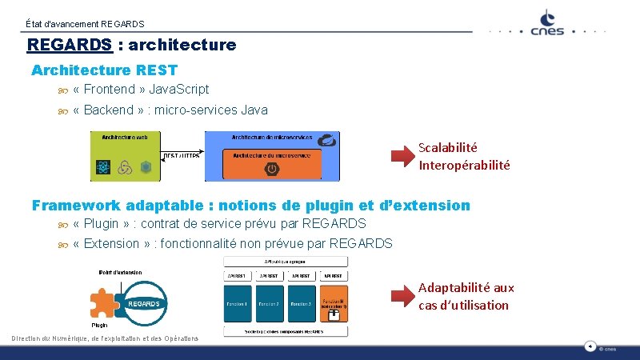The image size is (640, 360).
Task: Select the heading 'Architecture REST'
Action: (x=104, y=70)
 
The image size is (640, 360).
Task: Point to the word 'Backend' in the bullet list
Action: (x=108, y=110)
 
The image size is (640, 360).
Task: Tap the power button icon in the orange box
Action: (x=272, y=169)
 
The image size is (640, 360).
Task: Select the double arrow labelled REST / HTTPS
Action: (x=182, y=155)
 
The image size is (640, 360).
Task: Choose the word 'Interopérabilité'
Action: (x=464, y=166)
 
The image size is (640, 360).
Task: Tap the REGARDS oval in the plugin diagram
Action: (x=144, y=303)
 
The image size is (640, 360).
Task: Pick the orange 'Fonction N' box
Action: (x=334, y=305)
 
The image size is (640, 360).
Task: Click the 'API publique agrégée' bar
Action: (x=286, y=262)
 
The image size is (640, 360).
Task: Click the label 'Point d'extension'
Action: (x=120, y=272)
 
